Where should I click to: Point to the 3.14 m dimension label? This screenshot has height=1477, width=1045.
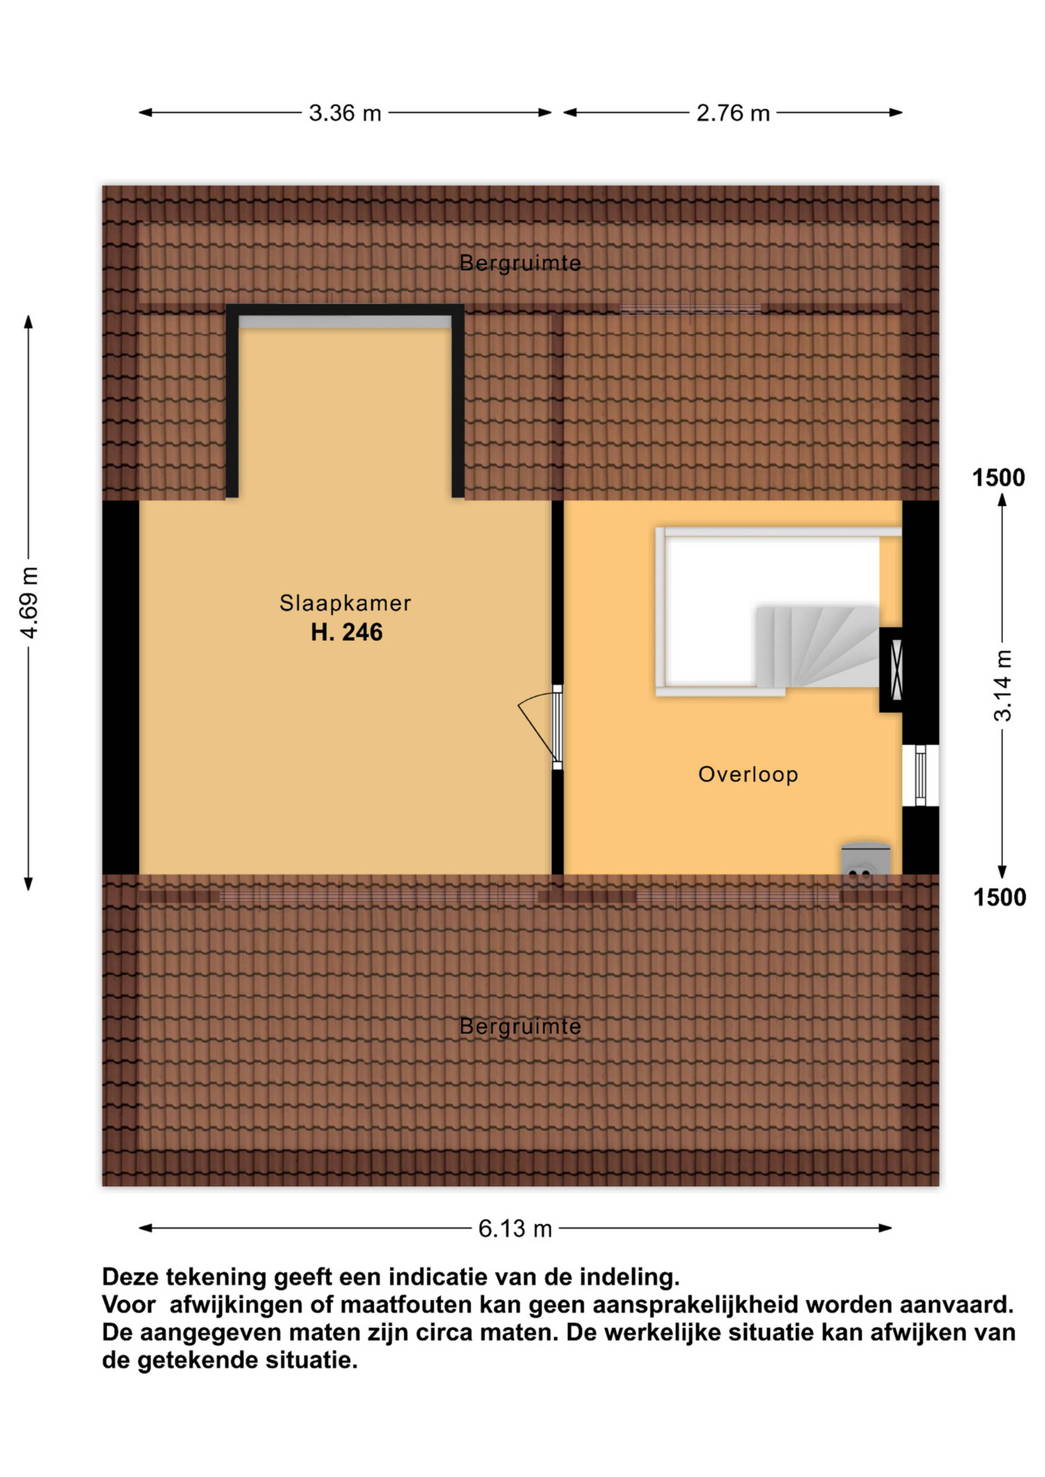1003,685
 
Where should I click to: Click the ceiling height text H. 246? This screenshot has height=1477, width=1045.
347,632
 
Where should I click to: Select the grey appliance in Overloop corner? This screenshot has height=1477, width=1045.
865,859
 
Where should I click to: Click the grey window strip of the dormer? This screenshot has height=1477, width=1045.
345,322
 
